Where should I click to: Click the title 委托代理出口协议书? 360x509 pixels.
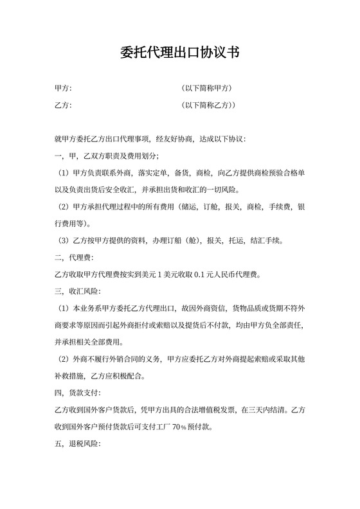point(179,53)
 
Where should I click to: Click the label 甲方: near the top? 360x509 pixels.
point(63,88)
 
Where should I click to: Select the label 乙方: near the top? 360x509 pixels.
point(63,105)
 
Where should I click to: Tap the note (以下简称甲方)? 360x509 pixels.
point(206,88)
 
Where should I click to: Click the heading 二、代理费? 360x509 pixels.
point(75,258)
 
